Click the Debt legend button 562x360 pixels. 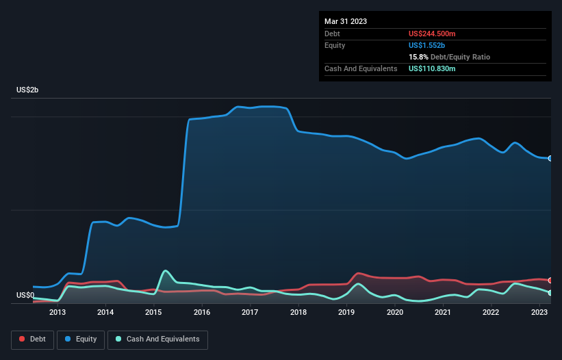31,339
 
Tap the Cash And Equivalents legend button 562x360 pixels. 157,339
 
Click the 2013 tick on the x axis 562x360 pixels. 58,313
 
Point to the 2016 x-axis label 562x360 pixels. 202,313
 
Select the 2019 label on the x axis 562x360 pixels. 346,313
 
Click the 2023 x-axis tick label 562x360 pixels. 539,313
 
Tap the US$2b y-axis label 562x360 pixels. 28,90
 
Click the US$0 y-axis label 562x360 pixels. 25,296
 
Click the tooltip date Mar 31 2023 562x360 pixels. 346,21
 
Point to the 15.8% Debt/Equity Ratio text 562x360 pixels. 449,57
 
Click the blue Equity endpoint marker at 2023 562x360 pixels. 550,158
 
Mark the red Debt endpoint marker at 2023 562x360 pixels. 550,281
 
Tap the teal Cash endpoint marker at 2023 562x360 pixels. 550,293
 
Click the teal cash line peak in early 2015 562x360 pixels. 166,270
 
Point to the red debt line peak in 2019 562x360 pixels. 359,273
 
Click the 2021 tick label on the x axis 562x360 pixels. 443,313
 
